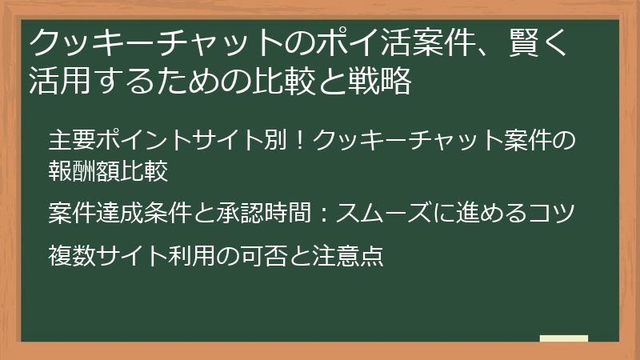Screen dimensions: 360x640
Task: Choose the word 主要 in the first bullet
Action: point(71,139)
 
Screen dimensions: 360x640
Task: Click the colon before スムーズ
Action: point(323,214)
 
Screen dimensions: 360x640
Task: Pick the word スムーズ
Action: point(381,214)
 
